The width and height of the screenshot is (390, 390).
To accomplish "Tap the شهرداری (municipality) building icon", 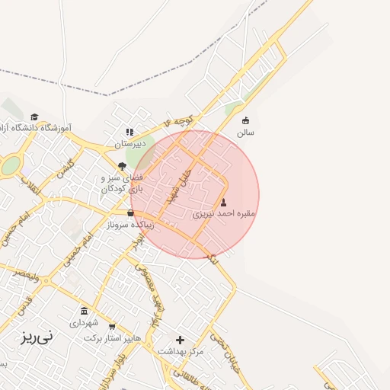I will point(84,311).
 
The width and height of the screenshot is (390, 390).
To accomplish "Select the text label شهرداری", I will point(84,323).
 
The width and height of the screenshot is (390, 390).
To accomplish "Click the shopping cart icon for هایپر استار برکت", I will point(113,326).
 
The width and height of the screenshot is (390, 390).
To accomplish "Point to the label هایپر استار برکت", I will point(113,337).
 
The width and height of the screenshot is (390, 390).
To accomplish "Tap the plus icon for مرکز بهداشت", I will point(181,340).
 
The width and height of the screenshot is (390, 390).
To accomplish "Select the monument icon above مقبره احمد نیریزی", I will point(223,203).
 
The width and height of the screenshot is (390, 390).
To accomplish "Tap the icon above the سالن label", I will point(245,120).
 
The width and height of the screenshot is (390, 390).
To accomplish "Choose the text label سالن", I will point(245,132).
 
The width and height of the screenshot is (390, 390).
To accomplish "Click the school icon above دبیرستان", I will point(129,132).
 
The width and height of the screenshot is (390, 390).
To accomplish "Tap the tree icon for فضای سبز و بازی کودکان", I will point(122,166).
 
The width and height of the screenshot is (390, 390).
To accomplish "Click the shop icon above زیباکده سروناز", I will point(130,213).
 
